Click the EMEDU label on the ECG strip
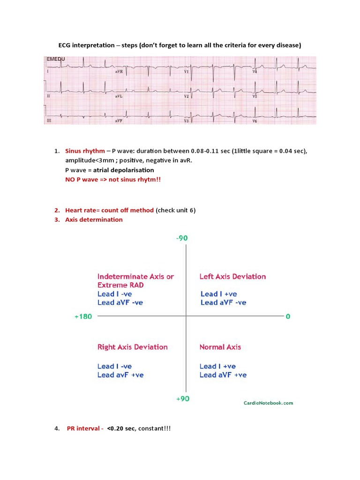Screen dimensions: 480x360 coord(55,60)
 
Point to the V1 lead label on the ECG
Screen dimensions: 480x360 coord(186,72)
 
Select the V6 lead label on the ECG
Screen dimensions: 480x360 coord(255,121)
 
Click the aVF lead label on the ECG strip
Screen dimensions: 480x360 coord(119,121)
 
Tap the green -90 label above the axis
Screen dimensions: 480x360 coord(182,238)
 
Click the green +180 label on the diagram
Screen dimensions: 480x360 coord(83,316)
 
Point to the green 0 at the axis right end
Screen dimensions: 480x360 coord(288,316)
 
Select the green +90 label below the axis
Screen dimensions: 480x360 coord(182,398)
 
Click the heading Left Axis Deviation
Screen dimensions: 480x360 coord(232,277)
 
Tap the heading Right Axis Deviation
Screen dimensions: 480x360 coord(132,347)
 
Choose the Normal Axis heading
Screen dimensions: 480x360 coord(220,347)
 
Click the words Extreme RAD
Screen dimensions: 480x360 coord(120,285)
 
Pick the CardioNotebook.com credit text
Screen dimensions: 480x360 coord(268,403)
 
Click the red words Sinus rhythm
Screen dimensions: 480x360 coord(85,151)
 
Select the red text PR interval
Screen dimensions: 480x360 coord(85,428)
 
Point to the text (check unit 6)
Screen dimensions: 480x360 coord(176,210)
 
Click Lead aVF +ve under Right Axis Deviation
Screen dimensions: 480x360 coord(120,375)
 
